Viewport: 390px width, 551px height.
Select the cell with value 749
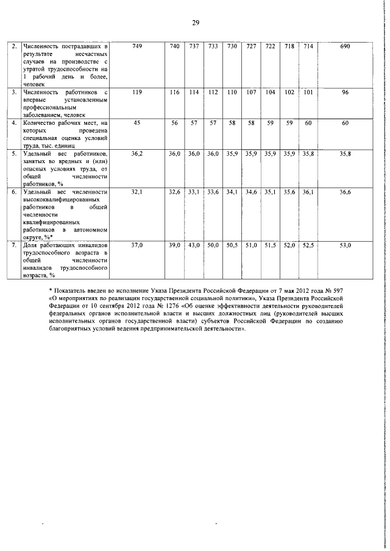pos(136,46)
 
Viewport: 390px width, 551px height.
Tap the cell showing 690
pos(345,46)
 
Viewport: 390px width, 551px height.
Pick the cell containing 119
pos(136,92)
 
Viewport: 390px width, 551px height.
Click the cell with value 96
pos(345,92)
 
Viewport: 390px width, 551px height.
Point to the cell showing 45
pos(136,123)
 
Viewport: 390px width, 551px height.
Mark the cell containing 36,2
pos(136,154)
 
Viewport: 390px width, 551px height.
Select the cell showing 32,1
pos(136,192)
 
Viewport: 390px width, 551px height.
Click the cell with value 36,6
pos(345,192)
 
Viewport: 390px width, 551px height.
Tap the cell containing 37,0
pos(136,245)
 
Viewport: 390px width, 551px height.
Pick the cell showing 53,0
pos(345,245)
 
